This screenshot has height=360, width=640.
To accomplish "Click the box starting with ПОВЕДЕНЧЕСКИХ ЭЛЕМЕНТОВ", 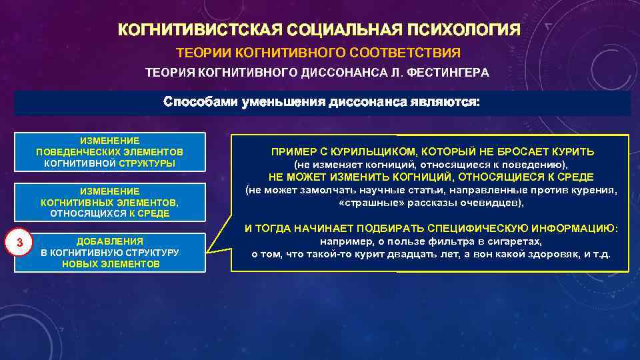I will click(110, 152).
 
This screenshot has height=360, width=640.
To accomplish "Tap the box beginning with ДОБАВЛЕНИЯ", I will click(110, 252).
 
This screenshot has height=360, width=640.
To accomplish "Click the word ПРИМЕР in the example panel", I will click(291, 151).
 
